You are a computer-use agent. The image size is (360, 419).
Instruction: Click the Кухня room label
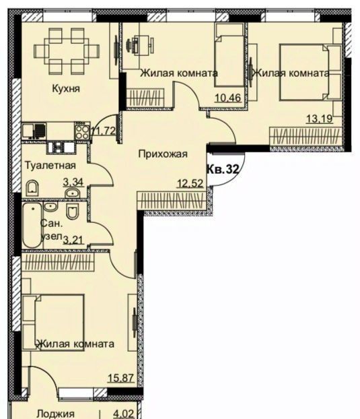pos(66,88)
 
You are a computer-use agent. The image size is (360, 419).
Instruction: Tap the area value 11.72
pos(103,131)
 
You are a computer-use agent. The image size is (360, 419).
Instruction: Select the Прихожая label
pos(163,154)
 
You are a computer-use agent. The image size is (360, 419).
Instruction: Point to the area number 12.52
pos(190,183)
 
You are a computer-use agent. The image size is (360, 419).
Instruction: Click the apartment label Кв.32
pos(223,169)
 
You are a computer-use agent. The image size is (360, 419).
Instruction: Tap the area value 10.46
pos(228,98)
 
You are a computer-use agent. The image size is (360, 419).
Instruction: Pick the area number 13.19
pos(320,119)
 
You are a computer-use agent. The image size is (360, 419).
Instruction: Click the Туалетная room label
pos(50,166)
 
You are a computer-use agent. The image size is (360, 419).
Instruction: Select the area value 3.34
pos(73,183)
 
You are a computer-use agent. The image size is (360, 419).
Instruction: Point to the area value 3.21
pos(73,240)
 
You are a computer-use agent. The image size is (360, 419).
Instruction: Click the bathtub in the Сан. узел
pos(32,225)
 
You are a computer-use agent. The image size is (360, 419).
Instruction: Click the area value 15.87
pos(120,378)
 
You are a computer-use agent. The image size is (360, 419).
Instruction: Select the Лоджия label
pos(55,414)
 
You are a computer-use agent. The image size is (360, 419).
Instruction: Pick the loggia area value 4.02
pos(123,414)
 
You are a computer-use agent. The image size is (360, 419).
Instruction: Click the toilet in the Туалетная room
pos(32,188)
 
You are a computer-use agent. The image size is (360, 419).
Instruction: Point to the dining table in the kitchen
pos(67,51)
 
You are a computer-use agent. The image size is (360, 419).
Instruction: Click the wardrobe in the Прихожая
pos(172,201)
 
